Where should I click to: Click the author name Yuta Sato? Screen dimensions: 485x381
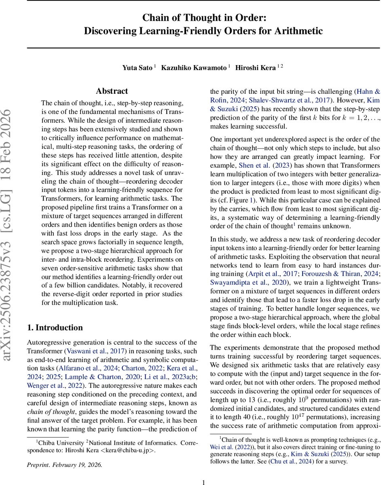[137, 67]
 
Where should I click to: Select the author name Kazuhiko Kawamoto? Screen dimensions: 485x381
[194, 67]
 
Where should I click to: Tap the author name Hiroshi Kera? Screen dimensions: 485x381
[256, 67]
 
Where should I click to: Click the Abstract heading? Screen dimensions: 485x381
[112, 91]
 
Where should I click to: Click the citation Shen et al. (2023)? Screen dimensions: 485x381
[256, 166]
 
